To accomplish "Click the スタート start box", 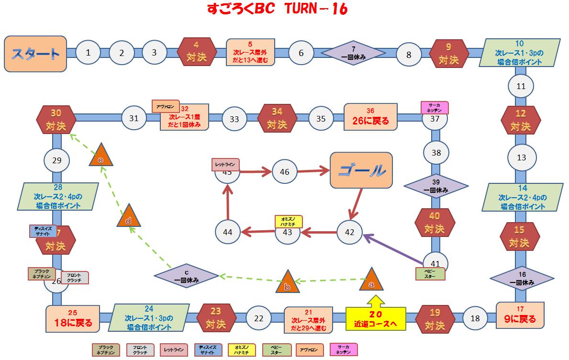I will [35, 53].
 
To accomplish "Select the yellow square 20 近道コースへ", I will [376, 318].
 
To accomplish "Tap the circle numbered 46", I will [284, 171].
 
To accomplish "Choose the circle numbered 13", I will [521, 157].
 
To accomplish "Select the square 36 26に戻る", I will [370, 117].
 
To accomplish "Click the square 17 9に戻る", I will [521, 315].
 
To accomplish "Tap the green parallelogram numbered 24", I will [149, 317].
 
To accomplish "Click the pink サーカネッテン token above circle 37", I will [434, 107].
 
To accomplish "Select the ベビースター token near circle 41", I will [430, 273].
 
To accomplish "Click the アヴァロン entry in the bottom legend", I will [310, 349].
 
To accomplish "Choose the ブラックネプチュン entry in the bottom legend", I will [106, 349].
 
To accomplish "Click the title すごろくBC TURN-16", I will [277, 10].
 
